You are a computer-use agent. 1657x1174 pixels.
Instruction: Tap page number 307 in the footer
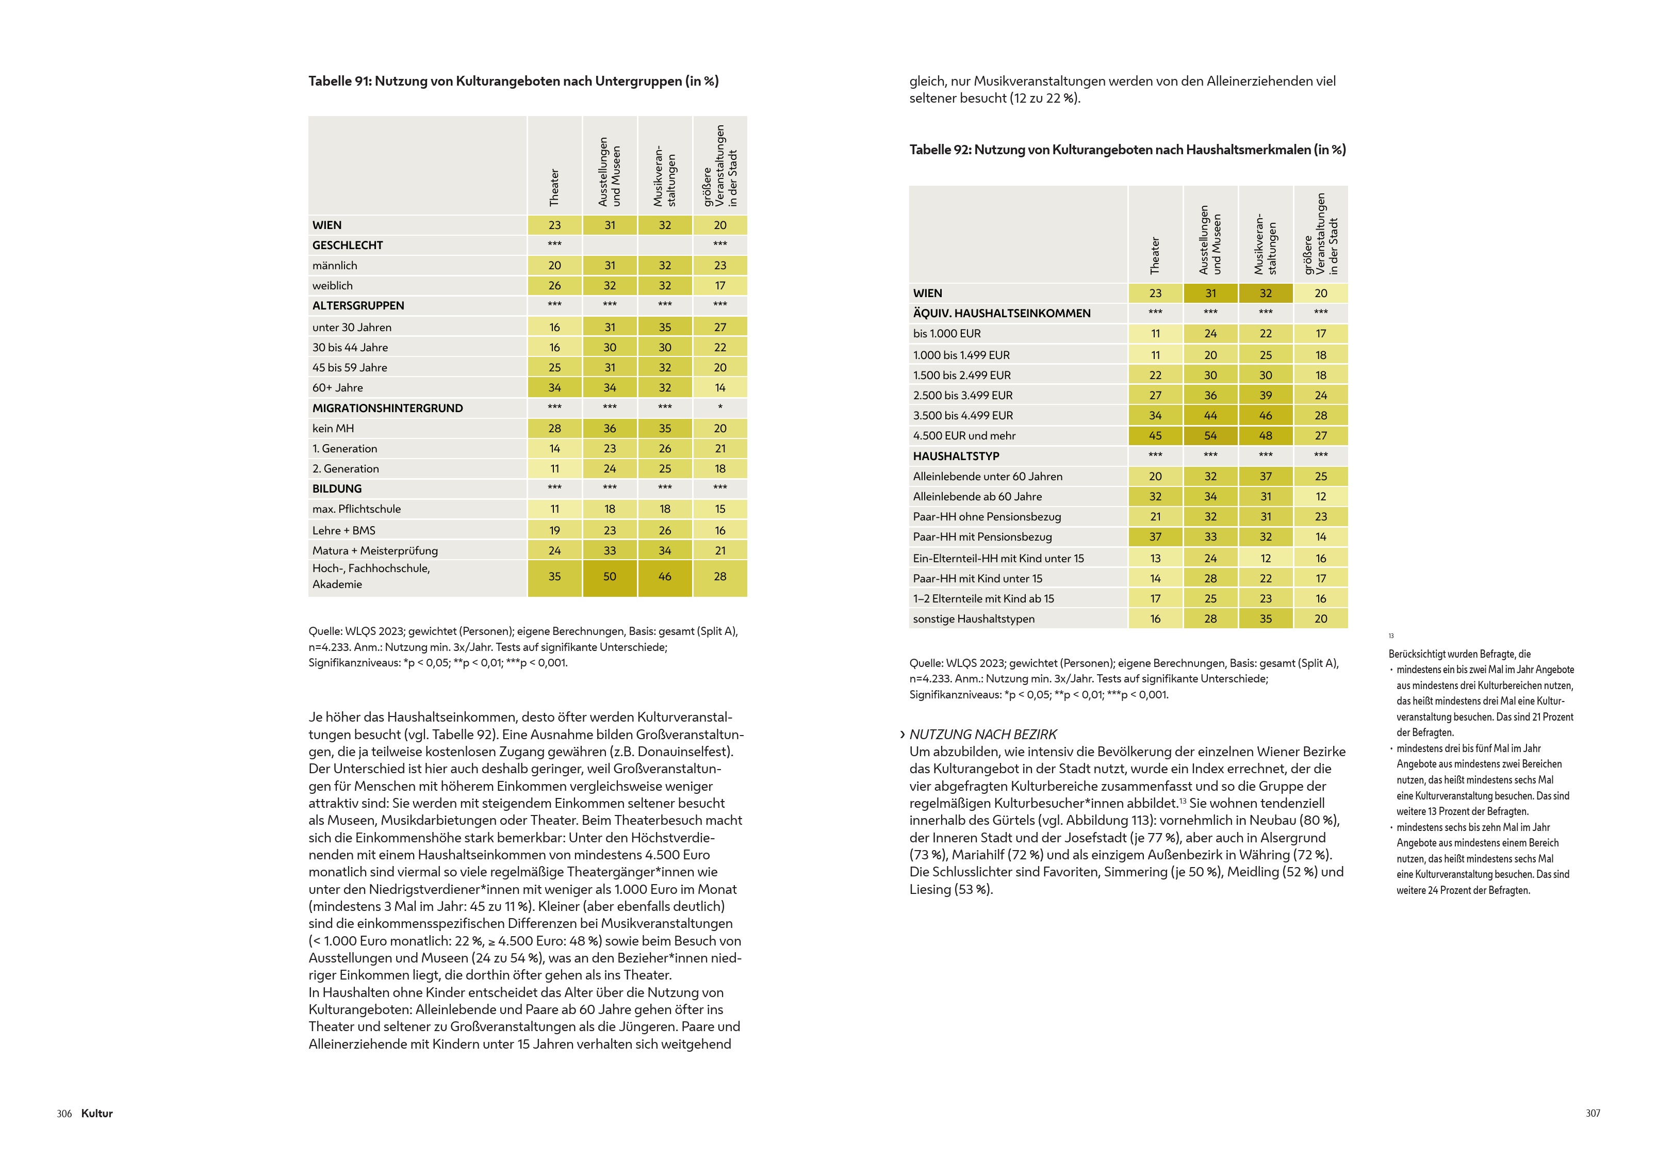tap(1593, 1113)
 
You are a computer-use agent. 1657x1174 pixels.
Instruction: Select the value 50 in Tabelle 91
tap(610, 576)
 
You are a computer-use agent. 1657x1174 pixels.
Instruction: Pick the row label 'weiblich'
tap(333, 286)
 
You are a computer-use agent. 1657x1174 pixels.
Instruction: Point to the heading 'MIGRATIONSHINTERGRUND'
tap(387, 407)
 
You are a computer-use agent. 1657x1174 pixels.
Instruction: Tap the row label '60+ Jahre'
tap(337, 387)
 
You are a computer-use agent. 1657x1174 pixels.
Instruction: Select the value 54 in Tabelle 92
tap(1210, 435)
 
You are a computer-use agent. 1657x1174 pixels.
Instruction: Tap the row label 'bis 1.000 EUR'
tap(947, 333)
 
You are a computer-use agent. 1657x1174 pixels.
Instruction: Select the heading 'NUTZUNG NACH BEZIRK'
tap(983, 735)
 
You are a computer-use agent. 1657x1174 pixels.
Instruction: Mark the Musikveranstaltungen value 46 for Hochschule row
tap(665, 576)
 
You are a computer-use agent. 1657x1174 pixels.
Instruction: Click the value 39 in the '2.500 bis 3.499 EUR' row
tap(1266, 396)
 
